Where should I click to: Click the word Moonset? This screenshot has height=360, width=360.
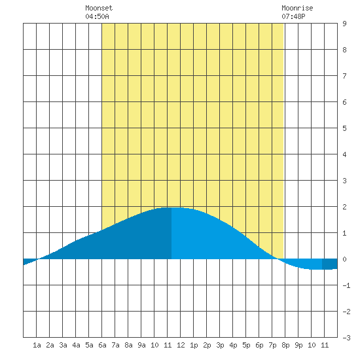(99, 8)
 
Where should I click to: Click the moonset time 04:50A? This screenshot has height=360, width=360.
(97, 16)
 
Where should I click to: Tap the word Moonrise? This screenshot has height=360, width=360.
(297, 8)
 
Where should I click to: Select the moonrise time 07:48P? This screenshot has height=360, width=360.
(293, 16)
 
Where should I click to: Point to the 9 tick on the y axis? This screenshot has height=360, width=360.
(344, 24)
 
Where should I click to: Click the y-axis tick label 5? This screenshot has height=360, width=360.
(344, 128)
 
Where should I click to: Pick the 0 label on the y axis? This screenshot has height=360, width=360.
(344, 259)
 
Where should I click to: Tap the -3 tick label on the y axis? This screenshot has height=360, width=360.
(346, 338)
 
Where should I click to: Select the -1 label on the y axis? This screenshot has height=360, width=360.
(346, 285)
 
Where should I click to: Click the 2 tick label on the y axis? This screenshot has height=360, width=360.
(344, 207)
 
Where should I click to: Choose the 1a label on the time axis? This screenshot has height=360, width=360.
(37, 345)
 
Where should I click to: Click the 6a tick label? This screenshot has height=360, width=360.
(102, 345)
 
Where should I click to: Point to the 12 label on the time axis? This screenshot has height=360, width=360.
(181, 345)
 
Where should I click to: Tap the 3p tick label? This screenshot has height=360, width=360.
(220, 345)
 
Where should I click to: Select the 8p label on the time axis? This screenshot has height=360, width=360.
(285, 345)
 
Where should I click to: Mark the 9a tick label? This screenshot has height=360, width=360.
(141, 345)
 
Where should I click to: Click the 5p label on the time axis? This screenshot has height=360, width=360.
(246, 345)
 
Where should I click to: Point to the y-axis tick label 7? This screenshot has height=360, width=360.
(344, 76)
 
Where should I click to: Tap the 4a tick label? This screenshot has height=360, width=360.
(76, 345)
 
